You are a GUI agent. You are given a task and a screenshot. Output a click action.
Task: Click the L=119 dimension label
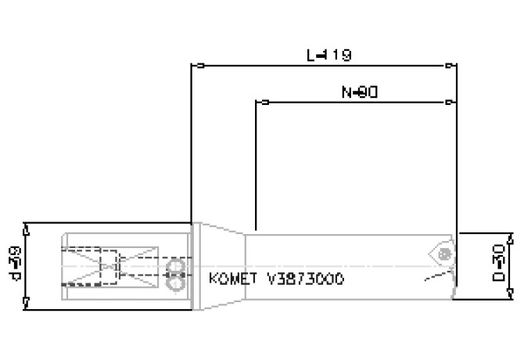point(328,56)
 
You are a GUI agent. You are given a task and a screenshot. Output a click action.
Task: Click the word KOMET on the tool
point(229,279)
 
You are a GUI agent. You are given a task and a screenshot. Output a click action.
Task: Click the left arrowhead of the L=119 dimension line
point(200,66)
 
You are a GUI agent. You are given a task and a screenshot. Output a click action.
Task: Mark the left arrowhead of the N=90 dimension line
point(264,103)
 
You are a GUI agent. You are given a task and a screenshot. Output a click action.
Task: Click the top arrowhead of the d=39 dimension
point(27,229)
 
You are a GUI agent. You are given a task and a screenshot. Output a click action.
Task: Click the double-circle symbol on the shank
point(175,268)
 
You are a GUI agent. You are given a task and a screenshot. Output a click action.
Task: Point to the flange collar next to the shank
point(196,266)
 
